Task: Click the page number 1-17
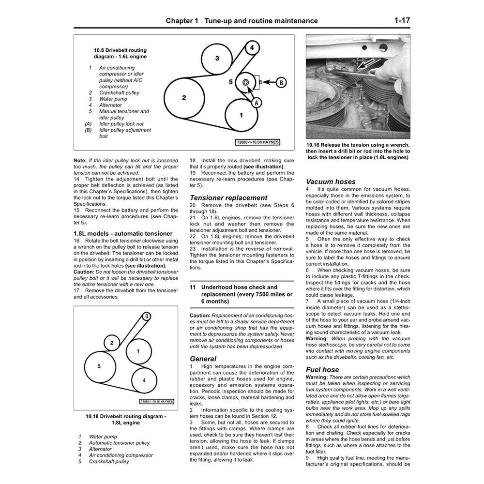point(402,21)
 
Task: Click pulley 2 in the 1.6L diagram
point(184,97)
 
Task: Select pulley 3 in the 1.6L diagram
point(217,59)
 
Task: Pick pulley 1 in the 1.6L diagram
point(242,115)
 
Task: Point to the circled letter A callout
point(257,102)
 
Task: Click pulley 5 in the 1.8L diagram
point(99,366)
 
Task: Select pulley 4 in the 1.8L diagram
point(144,380)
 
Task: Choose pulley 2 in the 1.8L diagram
point(111,343)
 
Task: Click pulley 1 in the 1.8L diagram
point(138,350)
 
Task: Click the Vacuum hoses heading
point(331,181)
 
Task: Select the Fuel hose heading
point(322,369)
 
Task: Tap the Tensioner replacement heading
point(228,197)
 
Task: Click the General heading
point(203,359)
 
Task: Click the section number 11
point(193,287)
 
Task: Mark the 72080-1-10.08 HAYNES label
point(258,142)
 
